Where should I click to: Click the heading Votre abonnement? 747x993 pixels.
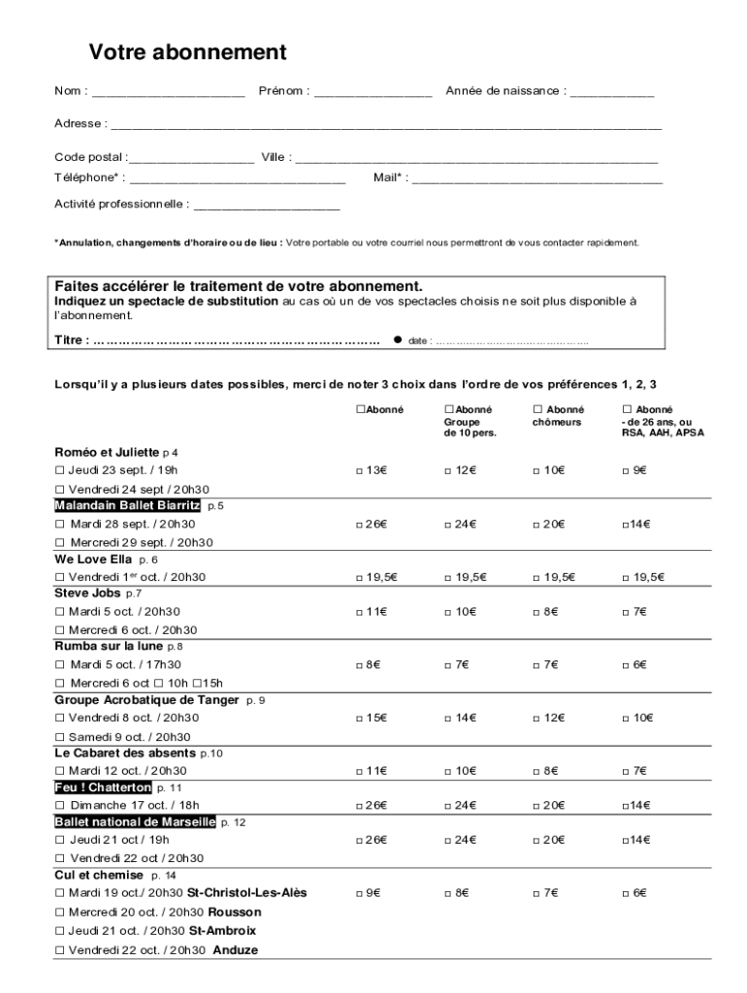point(187,52)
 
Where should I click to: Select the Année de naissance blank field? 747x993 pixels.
point(612,93)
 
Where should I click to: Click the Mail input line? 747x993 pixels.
point(537,179)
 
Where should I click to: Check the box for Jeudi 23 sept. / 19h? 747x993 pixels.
point(59,470)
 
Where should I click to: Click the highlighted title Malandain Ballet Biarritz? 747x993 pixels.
point(127,506)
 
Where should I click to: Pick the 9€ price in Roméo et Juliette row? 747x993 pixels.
point(634,470)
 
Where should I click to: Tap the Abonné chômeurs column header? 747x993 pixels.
point(558,416)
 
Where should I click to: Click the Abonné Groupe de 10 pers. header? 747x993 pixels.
point(470,422)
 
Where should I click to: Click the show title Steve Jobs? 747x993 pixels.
point(87,593)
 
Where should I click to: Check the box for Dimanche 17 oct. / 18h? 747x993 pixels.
point(59,806)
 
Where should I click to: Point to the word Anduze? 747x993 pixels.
point(236,950)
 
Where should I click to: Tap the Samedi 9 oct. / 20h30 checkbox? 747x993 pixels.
point(59,737)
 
